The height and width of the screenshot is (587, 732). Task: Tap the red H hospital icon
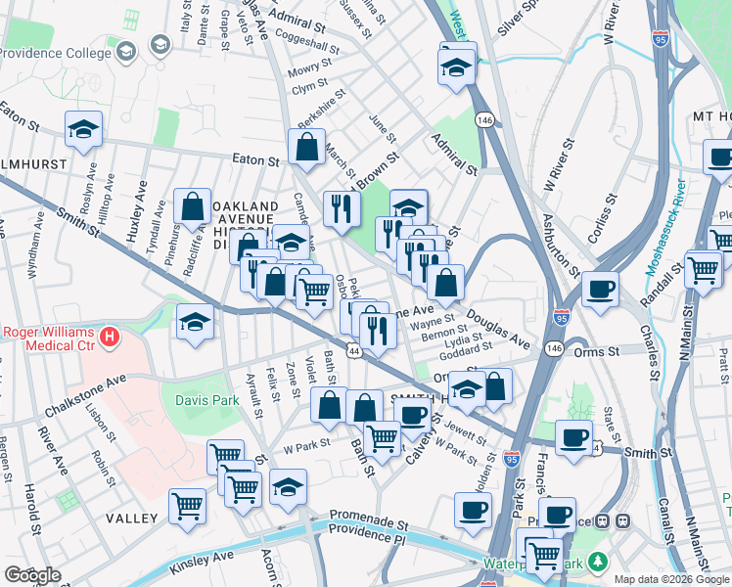pyautogui.click(x=110, y=339)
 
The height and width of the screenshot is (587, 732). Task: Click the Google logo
pyautogui.click(x=32, y=575)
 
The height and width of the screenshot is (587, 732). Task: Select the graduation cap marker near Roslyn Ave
pyautogui.click(x=84, y=129)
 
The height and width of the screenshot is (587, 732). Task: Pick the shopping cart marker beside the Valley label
pyautogui.click(x=187, y=506)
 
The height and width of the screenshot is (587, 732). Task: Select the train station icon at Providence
pyautogui.click(x=605, y=522)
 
